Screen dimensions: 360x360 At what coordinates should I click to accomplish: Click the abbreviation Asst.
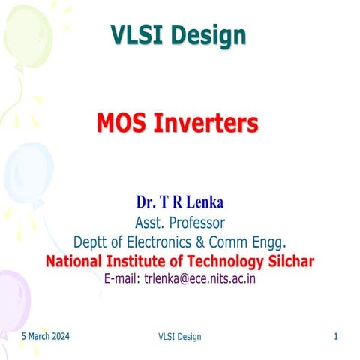click(149, 222)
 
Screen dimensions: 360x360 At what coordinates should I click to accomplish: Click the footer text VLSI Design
click(180, 337)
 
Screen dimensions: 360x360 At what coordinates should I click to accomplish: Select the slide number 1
click(336, 336)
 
